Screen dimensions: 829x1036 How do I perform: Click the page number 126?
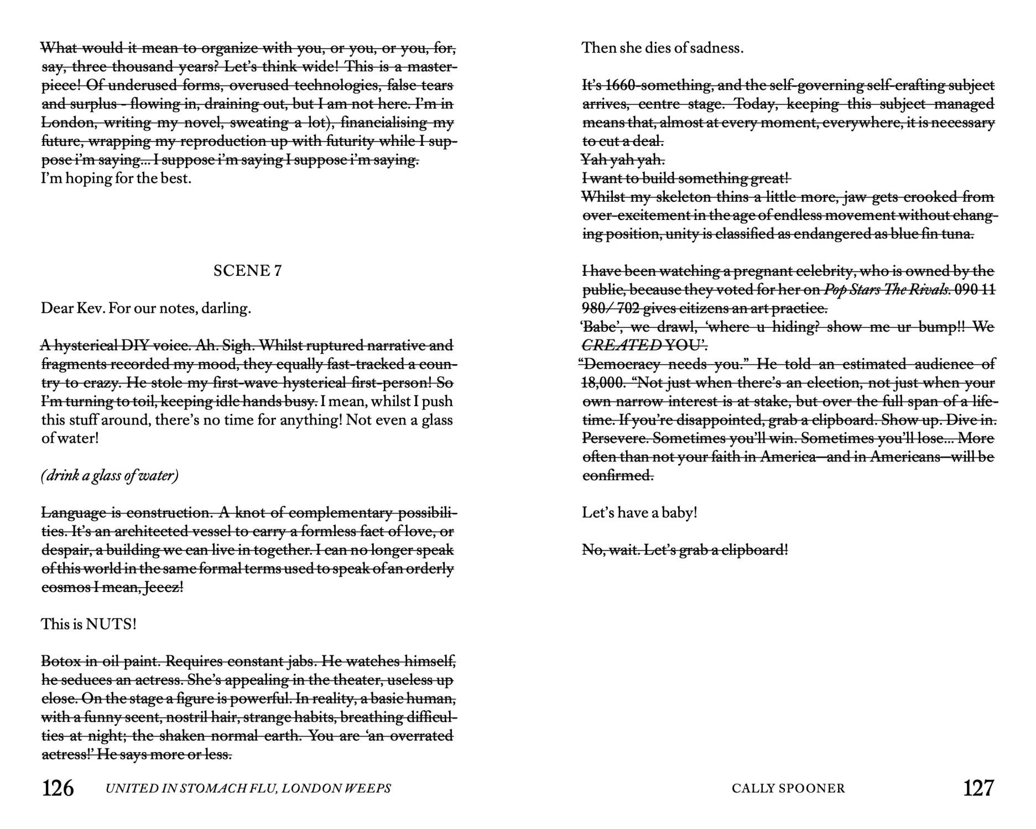[x=58, y=788]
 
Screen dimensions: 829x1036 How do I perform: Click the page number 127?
[x=978, y=788]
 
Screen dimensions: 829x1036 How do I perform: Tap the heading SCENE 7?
[x=247, y=270]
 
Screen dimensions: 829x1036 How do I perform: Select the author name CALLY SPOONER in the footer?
[x=788, y=788]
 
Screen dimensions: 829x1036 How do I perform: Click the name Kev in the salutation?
[x=90, y=308]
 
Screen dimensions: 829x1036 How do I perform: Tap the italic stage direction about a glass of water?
[x=110, y=476]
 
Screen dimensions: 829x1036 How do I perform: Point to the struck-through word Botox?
[x=61, y=662]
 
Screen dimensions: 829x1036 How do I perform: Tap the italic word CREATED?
[x=621, y=345]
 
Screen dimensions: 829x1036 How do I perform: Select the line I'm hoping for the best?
[x=116, y=179]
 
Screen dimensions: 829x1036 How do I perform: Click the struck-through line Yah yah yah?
[x=623, y=160]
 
